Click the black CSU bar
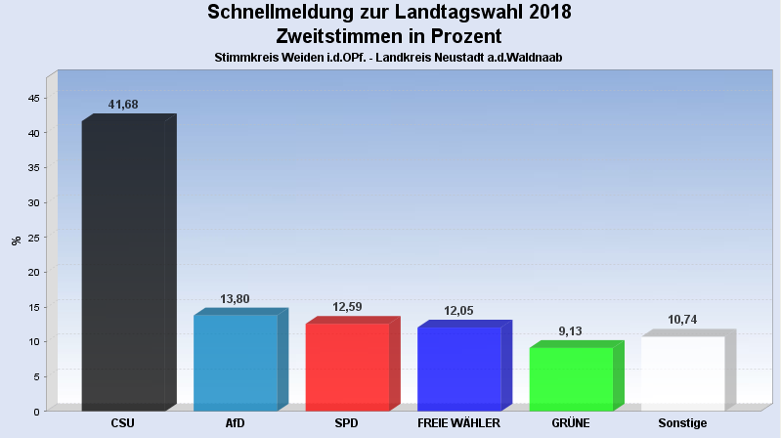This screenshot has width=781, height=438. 123,264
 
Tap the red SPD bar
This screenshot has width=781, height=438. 347,367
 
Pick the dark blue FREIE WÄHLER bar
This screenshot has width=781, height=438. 459,369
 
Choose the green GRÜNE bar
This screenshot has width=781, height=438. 571,378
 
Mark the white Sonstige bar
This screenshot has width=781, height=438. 682,372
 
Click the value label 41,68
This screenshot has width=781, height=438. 123,105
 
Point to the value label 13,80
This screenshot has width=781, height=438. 236,298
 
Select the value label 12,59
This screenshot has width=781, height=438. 347,307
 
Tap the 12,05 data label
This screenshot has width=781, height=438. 459,311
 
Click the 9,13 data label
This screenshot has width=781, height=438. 571,331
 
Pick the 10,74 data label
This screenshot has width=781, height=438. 682,320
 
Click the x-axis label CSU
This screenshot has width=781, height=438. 123,423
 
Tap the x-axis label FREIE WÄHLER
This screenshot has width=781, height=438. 458,423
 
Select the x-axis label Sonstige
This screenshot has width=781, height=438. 682,423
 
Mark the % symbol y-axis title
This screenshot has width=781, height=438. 16,241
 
